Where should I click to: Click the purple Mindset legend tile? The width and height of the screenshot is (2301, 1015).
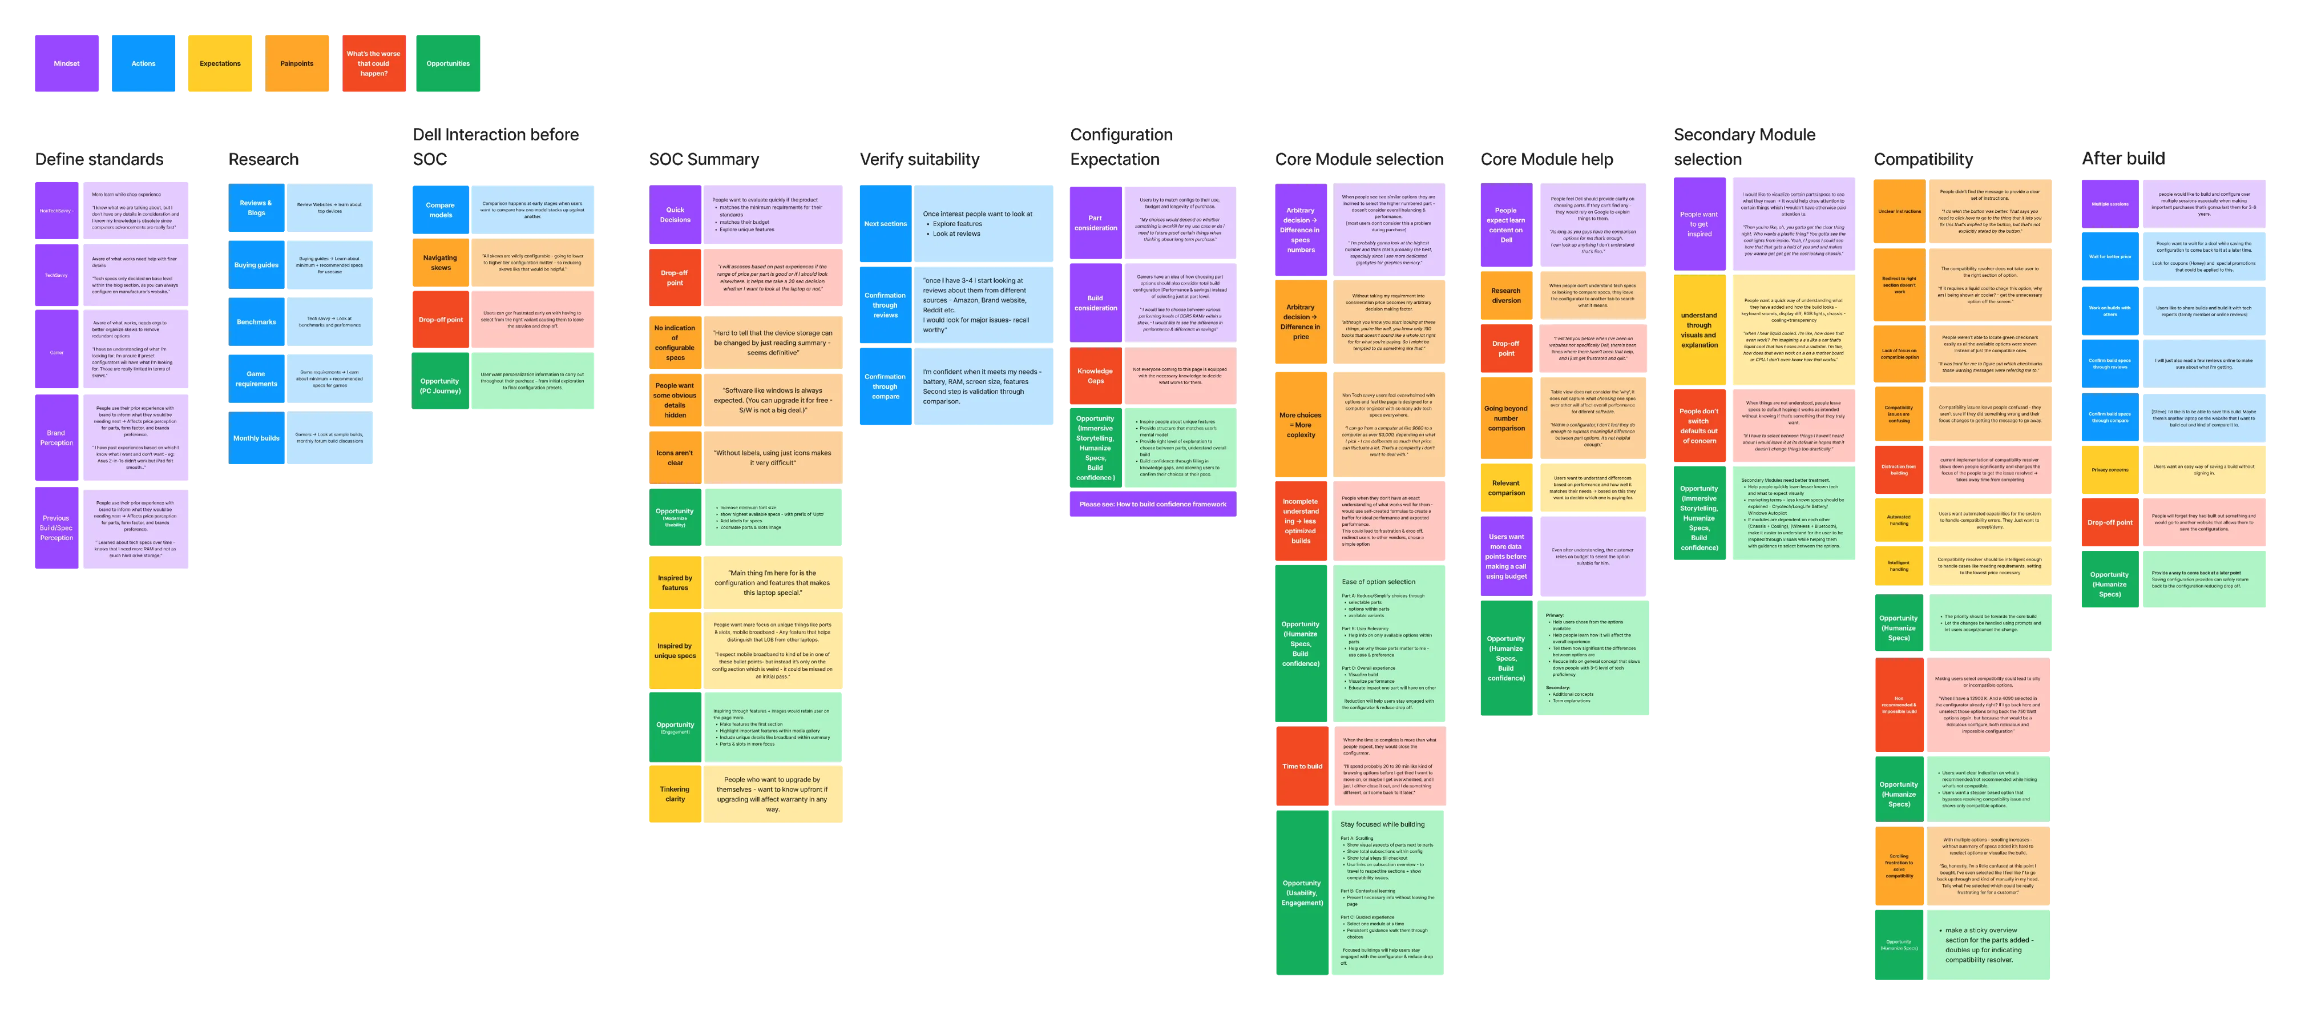click(x=66, y=63)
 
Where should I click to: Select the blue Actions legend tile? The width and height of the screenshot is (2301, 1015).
click(x=143, y=63)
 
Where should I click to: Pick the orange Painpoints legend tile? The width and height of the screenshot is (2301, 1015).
click(x=297, y=63)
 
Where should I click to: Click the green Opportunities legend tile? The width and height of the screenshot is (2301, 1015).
click(x=449, y=63)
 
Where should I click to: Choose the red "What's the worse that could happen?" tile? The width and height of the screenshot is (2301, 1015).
click(x=373, y=63)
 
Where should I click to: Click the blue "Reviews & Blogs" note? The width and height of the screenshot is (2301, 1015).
click(x=256, y=207)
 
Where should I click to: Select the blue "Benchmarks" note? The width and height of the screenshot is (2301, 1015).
click(x=256, y=321)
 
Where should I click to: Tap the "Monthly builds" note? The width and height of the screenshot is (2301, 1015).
click(x=256, y=438)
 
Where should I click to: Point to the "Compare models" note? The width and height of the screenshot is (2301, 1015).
click(x=441, y=210)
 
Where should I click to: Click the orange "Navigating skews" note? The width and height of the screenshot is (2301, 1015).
click(x=441, y=263)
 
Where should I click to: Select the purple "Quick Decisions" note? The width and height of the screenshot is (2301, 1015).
click(x=675, y=215)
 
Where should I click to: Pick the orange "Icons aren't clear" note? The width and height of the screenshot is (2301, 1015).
click(x=675, y=457)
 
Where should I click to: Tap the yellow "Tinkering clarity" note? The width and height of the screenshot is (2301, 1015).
click(x=675, y=794)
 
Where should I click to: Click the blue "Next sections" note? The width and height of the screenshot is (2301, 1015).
click(x=885, y=223)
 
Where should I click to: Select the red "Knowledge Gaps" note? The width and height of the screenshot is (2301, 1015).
click(x=1095, y=375)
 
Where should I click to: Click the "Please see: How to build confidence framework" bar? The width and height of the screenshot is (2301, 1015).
click(x=1152, y=504)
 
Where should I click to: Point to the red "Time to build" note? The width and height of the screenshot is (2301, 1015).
click(x=1302, y=766)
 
